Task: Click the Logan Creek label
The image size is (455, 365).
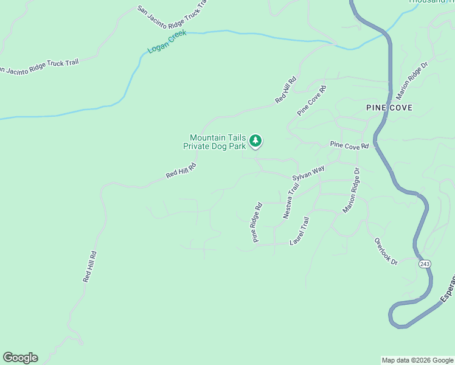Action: point(167,41)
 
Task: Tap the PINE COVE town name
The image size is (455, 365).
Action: point(389,108)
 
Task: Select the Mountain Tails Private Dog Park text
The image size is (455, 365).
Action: point(217,142)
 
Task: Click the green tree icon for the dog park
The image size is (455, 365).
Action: point(256,141)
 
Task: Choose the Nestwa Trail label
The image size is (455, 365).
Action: point(291,201)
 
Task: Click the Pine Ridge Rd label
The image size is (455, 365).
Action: point(257,222)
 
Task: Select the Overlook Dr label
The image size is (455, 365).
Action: point(386,251)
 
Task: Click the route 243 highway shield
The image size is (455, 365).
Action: point(425,263)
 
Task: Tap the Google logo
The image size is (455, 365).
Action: point(20,358)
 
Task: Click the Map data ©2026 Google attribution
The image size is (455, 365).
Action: point(417,360)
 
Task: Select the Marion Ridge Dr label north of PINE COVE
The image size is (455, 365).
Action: point(412,79)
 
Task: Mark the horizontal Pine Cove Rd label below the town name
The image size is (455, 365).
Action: point(349,146)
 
